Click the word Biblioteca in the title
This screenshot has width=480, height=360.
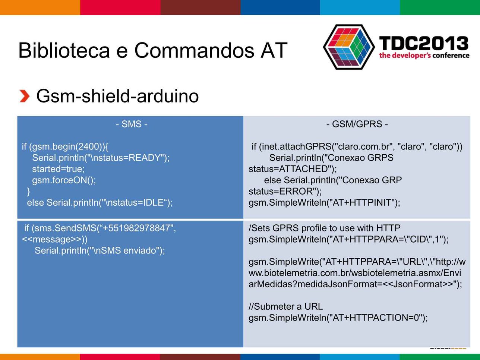coord(64,50)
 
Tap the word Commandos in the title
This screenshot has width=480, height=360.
coord(195,50)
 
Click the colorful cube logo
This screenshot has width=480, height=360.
coord(349,47)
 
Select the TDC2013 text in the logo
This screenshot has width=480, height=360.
coord(424,43)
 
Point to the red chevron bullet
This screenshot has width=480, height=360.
coord(24,96)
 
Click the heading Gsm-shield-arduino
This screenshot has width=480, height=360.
coord(117,96)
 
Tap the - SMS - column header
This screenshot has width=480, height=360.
coord(132,124)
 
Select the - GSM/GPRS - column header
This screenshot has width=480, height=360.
coord(357,124)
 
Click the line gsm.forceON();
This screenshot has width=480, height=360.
coord(64,180)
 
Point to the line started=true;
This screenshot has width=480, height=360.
coord(59,169)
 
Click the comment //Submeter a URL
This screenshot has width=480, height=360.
coord(285,306)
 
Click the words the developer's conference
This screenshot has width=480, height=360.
coord(424,56)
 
